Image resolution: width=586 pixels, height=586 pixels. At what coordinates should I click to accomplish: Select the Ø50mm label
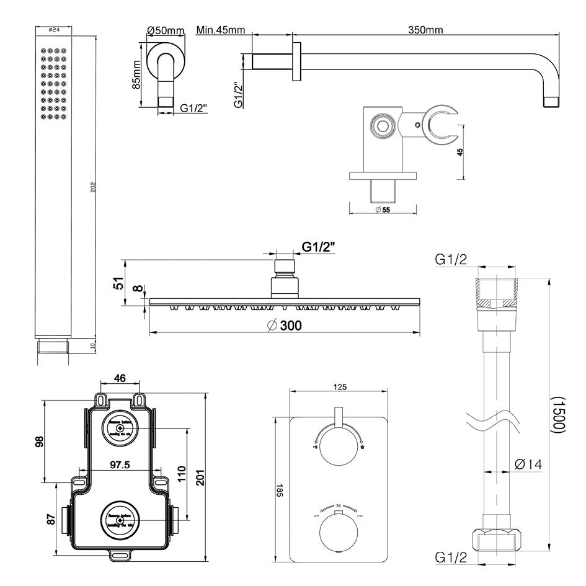point(166,30)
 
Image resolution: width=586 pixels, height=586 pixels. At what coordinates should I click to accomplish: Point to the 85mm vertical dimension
point(137,74)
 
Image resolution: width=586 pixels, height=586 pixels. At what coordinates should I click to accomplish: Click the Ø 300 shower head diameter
point(286,325)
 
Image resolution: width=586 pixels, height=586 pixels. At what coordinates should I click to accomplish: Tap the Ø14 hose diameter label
point(528,463)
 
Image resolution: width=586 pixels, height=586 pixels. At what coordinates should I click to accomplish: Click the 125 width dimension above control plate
point(340,387)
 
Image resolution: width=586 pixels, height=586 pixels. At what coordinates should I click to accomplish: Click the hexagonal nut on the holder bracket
point(381,127)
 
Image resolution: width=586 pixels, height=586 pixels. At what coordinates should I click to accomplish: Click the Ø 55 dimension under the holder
point(382,210)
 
